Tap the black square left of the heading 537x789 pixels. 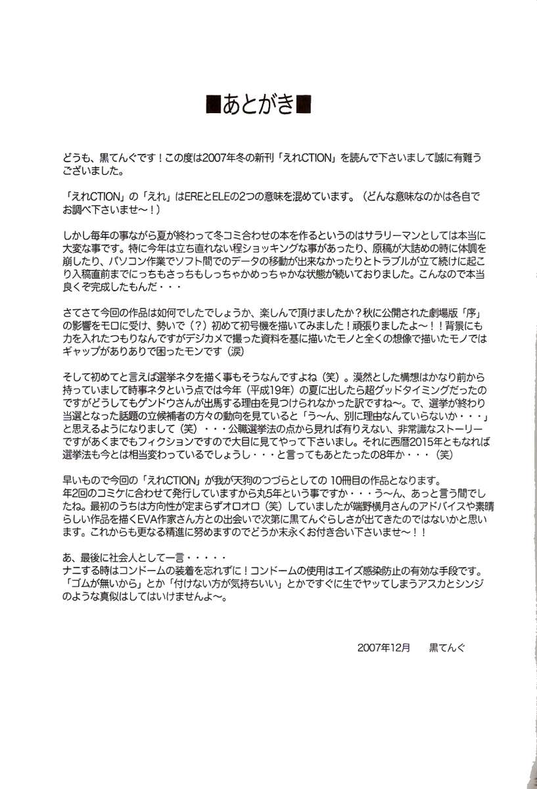214,106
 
